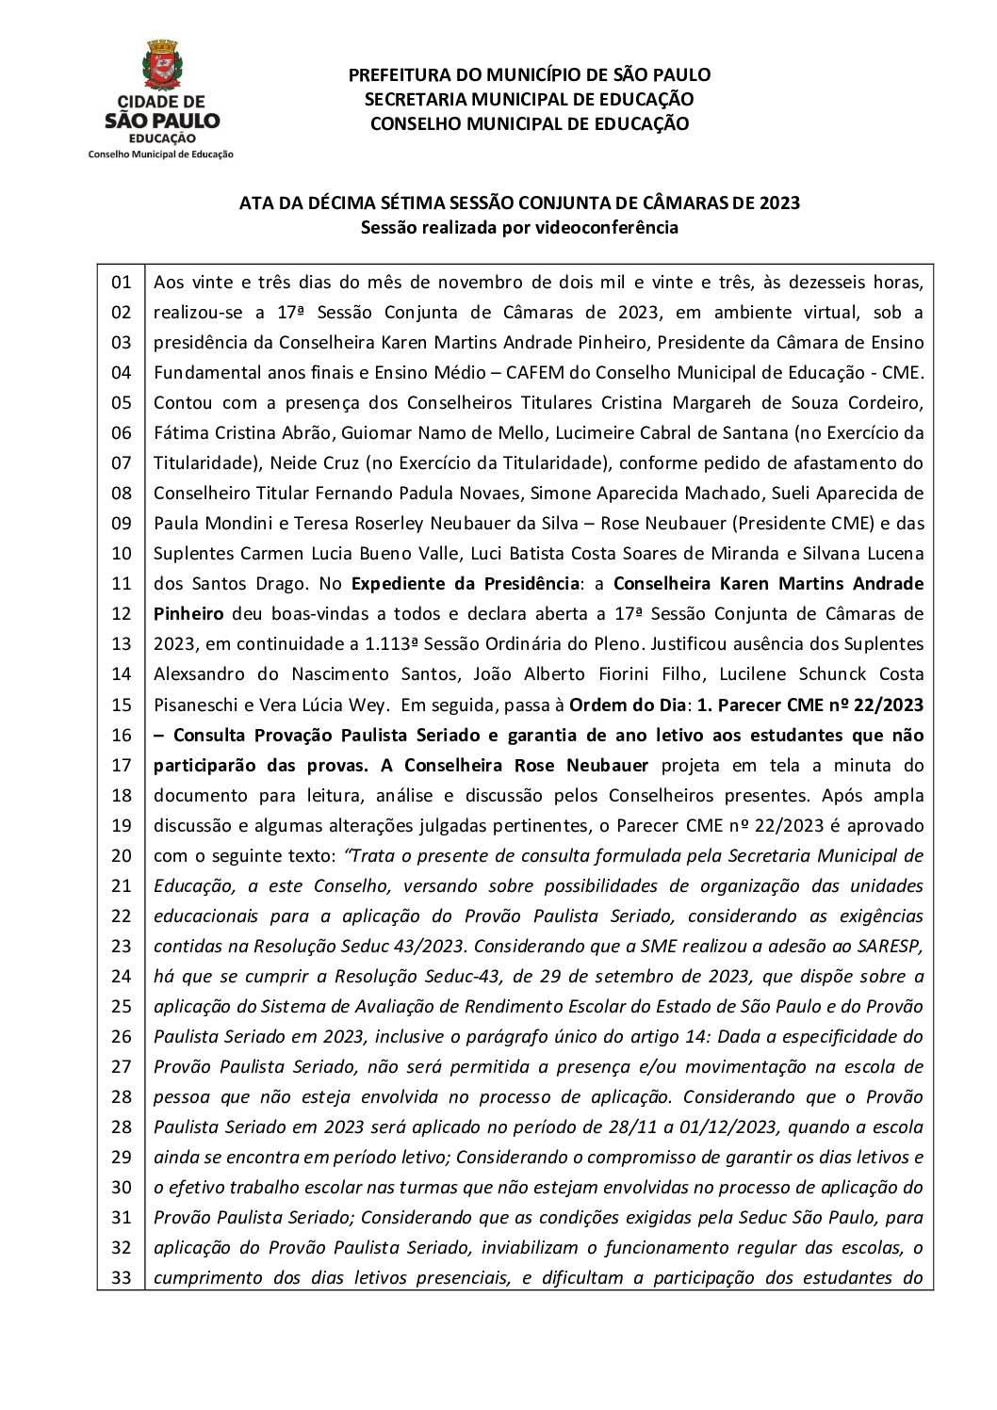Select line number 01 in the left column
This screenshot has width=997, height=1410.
tap(121, 282)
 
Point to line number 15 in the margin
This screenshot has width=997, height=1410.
tap(121, 705)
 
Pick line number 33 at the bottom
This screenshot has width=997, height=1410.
tap(121, 1278)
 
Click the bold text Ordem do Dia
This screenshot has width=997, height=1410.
tap(629, 705)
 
